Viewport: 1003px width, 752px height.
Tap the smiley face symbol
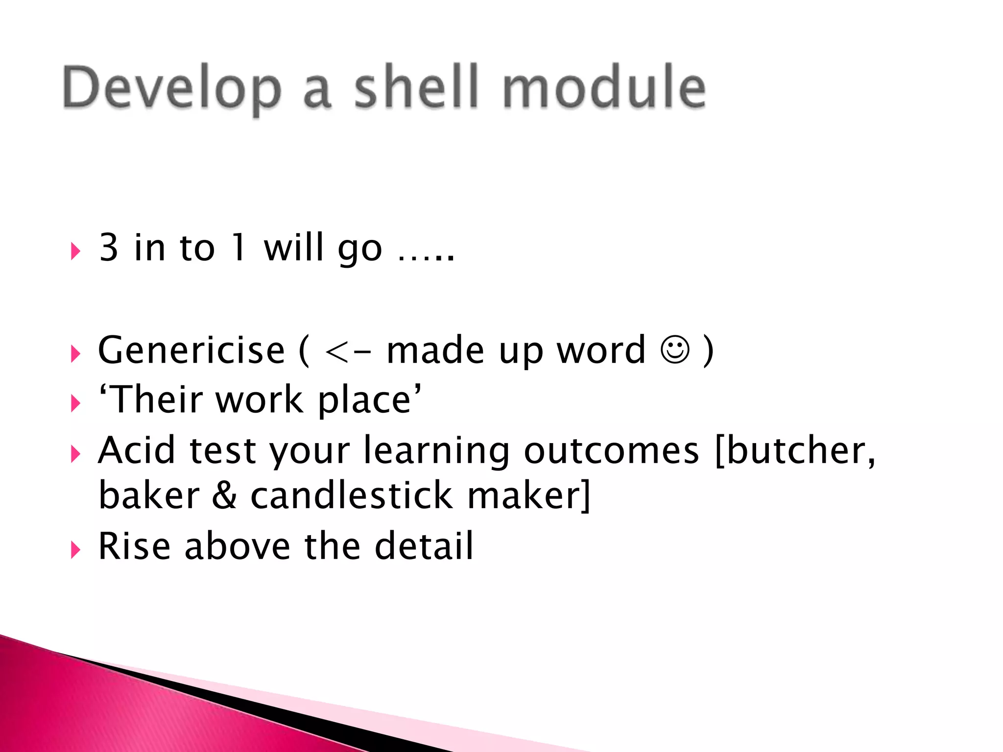[x=675, y=349]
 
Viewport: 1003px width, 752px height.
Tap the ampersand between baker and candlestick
[x=225, y=495]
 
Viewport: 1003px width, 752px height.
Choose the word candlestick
[x=352, y=495]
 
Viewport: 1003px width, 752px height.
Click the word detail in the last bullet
[x=424, y=545]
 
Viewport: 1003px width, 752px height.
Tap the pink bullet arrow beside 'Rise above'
[x=75, y=549]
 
